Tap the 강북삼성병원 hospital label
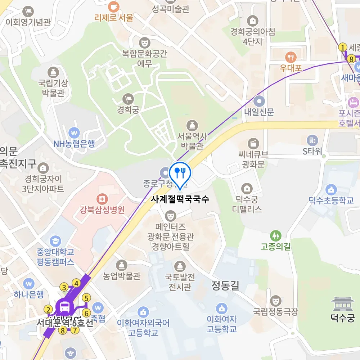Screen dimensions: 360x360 (x=102, y=210)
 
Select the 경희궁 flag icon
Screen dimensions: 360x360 (x=128, y=98)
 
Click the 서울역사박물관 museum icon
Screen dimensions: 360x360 (x=192, y=126)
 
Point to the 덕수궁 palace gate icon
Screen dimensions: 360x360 (x=342, y=304)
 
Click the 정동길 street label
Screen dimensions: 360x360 (x=225, y=286)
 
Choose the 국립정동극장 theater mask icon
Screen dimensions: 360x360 (x=276, y=300)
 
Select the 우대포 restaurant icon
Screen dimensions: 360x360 (x=291, y=57)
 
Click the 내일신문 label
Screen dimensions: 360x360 (x=259, y=112)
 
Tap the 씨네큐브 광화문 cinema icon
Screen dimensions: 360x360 (x=254, y=143)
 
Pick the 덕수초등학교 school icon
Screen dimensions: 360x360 (x=331, y=189)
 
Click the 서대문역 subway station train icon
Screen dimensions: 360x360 (x=65, y=307)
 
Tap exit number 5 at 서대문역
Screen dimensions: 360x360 (x=86, y=298)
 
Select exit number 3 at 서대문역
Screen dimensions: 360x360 (x=64, y=287)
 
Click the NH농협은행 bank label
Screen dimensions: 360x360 (x=74, y=144)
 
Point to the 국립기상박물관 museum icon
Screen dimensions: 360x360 (x=53, y=72)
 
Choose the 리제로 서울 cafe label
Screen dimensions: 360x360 (x=114, y=17)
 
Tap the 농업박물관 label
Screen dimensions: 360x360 (x=121, y=276)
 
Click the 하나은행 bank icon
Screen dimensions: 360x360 (x=29, y=283)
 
